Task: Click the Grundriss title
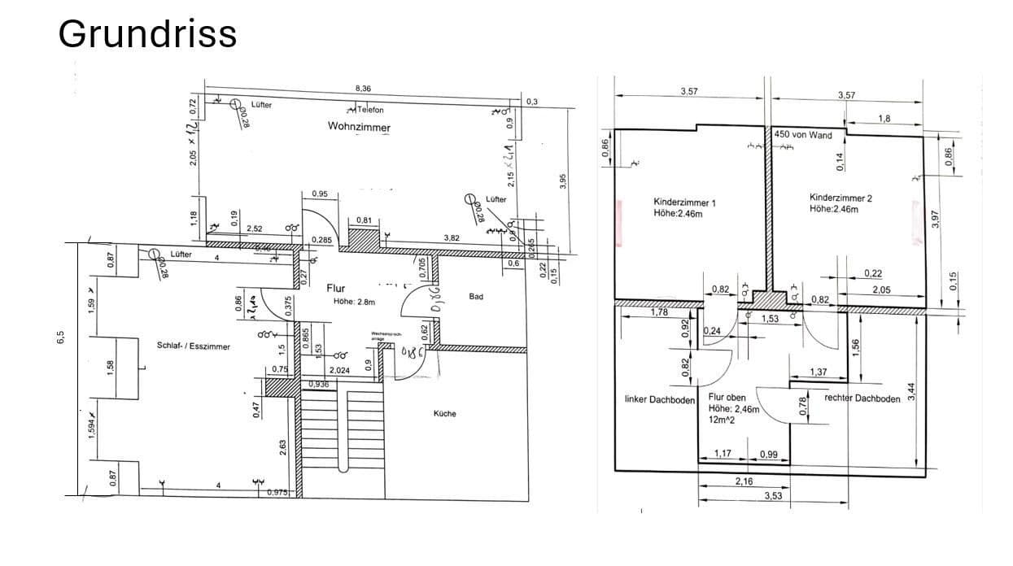tap(147, 34)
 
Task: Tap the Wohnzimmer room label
tap(359, 127)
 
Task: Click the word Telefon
tap(369, 110)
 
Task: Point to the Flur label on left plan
tap(336, 288)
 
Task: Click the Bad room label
tap(476, 297)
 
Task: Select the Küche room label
tap(445, 413)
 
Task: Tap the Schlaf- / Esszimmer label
tap(193, 346)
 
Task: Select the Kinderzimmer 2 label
tap(841, 198)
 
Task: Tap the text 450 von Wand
tap(803, 135)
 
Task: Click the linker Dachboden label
tap(659, 400)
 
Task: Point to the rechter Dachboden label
tap(862, 398)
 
